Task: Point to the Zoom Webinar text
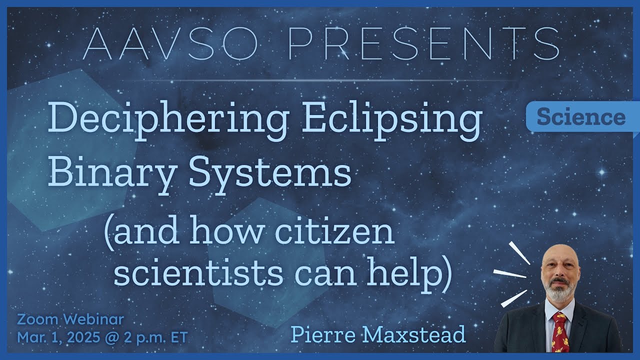[70, 318]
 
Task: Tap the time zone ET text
[178, 337]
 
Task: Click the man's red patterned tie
[559, 332]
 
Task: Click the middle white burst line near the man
[509, 273]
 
